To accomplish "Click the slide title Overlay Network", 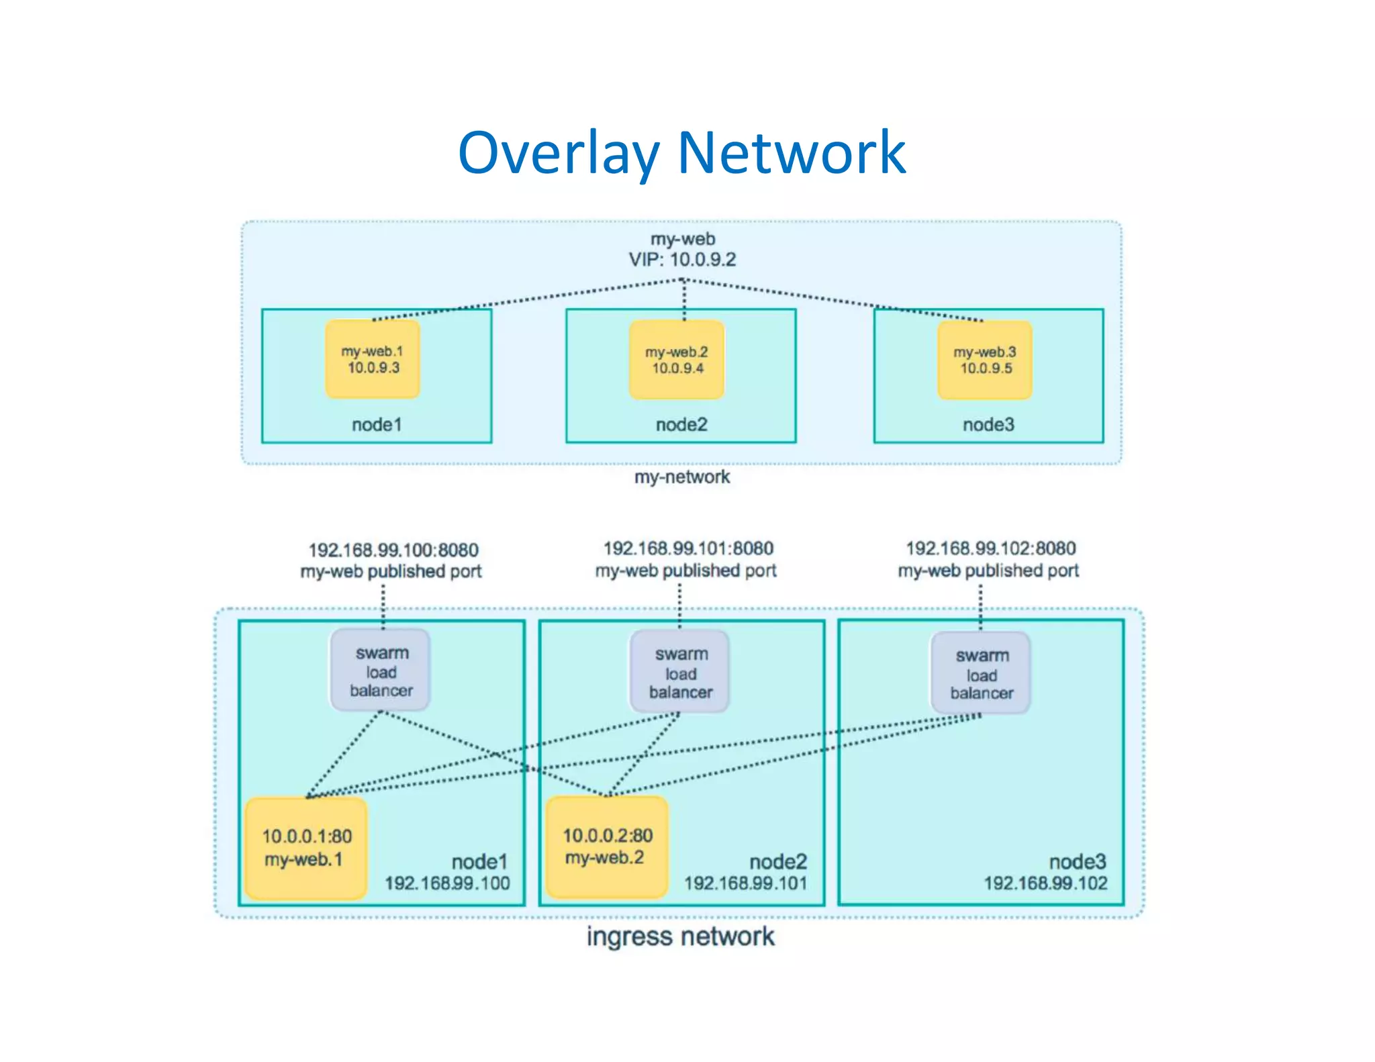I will [681, 153].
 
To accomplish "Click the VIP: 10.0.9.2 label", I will [682, 260].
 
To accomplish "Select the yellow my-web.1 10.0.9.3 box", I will [373, 359].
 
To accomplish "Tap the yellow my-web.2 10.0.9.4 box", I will [677, 360].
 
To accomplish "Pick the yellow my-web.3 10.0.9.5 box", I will [984, 360].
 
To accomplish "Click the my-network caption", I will [681, 477].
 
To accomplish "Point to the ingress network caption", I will [680, 936].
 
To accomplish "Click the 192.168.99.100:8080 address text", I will [393, 550].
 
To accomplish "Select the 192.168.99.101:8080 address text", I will [688, 548].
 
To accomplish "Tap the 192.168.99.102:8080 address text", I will [990, 548].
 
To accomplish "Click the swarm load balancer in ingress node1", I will [381, 671].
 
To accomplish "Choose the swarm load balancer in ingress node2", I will [680, 672].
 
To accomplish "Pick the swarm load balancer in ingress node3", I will [981, 673].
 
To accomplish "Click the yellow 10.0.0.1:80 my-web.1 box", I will [306, 848].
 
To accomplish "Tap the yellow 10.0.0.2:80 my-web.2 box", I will [606, 847].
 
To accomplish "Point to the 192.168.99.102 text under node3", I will [1045, 883].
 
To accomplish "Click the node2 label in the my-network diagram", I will [681, 424].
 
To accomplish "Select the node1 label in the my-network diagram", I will [377, 424].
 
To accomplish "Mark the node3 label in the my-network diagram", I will [988, 424].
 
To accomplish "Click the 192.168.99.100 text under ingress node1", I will [447, 883].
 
